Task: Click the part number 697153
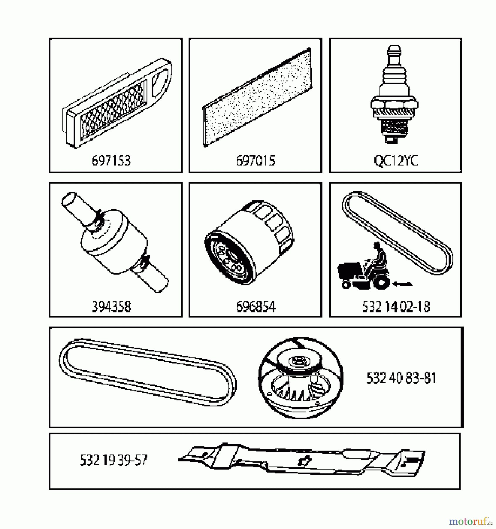tap(111, 161)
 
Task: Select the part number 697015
tap(255, 161)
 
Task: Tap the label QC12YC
tap(396, 161)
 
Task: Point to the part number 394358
tap(111, 307)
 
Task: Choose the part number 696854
tap(255, 307)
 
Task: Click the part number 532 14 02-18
tap(396, 307)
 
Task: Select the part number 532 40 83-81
tap(401, 378)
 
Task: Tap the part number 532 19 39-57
tap(113, 460)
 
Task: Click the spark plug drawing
tap(394, 97)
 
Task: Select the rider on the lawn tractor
tap(379, 256)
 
